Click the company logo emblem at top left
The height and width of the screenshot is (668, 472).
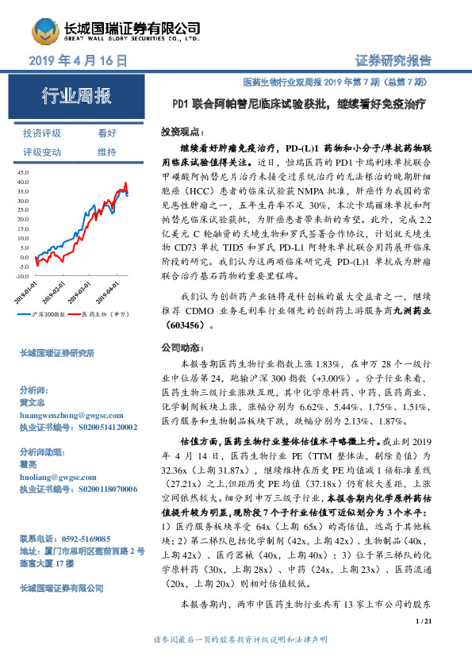(47, 30)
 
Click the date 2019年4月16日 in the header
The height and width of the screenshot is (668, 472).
(78, 61)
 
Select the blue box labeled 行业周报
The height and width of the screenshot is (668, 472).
(77, 98)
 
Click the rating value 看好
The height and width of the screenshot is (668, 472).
(107, 133)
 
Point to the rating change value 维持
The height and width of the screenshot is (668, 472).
(107, 152)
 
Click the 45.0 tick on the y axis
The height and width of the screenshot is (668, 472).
(22, 171)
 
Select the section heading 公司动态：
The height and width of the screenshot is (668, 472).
(179, 347)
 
